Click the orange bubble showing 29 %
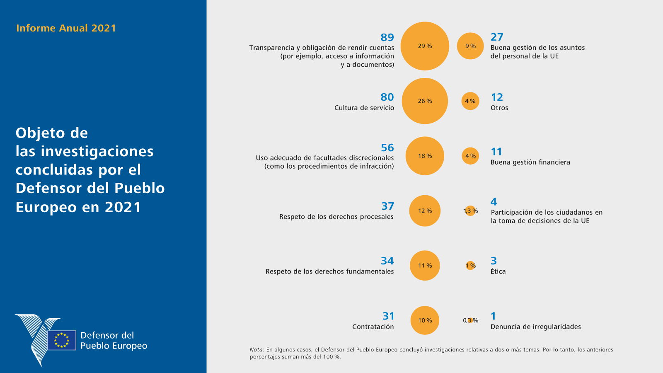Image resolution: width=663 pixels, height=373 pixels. click(425, 46)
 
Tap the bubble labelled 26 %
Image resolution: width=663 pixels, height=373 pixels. click(425, 101)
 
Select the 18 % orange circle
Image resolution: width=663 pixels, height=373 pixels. click(425, 156)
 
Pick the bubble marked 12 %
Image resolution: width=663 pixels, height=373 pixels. click(425, 211)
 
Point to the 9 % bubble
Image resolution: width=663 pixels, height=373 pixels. click(470, 46)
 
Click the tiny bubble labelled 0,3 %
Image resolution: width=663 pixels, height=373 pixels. click(470, 320)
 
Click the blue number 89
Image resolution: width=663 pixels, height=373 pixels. click(387, 37)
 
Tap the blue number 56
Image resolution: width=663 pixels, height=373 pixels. click(387, 148)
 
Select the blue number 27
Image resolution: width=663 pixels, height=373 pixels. click(497, 37)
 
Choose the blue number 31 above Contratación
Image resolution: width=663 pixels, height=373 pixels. click(388, 316)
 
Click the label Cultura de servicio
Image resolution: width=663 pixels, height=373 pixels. click(364, 108)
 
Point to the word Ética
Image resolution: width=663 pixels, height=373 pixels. click(498, 271)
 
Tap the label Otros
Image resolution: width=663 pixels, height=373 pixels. click(499, 108)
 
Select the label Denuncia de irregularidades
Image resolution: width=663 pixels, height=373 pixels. click(535, 327)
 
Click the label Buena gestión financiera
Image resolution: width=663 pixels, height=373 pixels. click(530, 162)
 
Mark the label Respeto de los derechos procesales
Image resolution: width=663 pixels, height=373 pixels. click(336, 217)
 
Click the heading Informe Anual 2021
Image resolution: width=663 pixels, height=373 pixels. click(66, 28)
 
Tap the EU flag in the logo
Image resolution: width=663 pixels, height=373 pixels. click(62, 340)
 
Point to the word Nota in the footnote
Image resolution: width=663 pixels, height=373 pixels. click(256, 350)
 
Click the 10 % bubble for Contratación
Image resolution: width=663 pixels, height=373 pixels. click(425, 320)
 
